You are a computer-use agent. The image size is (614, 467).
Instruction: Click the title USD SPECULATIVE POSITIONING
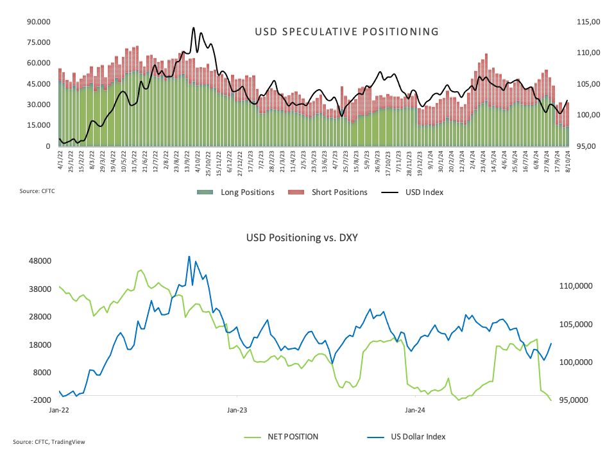tap(346, 31)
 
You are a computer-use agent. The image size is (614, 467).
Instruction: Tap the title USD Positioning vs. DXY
tap(302, 237)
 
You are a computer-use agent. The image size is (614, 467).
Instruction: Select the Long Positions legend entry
tap(247, 192)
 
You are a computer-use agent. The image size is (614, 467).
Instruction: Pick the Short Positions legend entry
tap(339, 192)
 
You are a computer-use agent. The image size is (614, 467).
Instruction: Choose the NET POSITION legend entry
tap(293, 437)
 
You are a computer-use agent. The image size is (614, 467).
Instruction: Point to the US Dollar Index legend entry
tap(418, 437)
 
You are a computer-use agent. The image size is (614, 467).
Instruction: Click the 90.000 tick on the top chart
tap(38, 22)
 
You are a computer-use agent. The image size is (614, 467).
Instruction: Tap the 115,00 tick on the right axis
tap(588, 22)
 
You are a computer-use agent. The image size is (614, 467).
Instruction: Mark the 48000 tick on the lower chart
tap(40, 261)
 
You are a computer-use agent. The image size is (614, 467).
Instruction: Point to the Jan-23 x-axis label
tap(237, 409)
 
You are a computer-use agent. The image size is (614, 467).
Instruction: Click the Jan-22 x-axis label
tap(59, 409)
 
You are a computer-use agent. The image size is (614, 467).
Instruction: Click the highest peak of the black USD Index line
tap(193, 28)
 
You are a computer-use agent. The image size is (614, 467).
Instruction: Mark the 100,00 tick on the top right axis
tap(588, 115)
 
